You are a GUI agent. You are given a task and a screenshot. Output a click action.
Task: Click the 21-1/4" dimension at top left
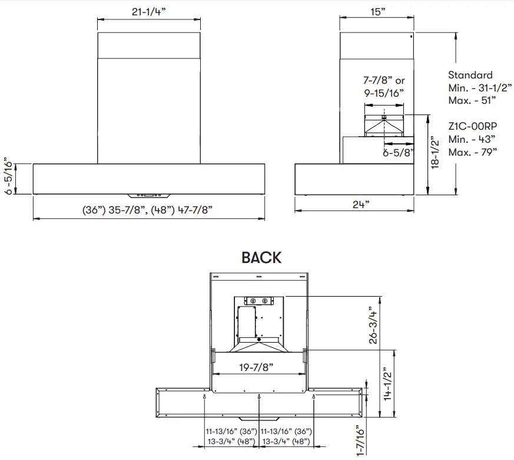coord(148,11)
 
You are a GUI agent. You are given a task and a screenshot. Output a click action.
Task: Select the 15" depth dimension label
coord(378,12)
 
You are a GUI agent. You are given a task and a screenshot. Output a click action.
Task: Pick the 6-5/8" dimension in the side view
coord(399,152)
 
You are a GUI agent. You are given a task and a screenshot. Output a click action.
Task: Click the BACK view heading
coord(261,258)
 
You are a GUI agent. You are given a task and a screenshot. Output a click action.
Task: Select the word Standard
coord(470,75)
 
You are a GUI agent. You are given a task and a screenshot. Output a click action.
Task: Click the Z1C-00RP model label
coord(472,127)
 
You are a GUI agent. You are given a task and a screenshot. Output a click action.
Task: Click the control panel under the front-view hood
coord(148,194)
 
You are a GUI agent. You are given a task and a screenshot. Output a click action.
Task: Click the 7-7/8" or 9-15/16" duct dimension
coord(383,86)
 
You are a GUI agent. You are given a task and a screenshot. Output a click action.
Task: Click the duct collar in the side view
coord(383,124)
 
